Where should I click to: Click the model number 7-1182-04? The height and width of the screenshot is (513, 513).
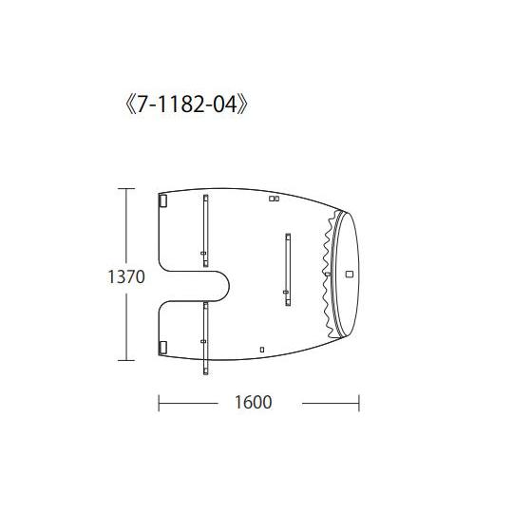click(186, 104)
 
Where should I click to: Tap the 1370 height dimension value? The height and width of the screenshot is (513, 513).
click(126, 276)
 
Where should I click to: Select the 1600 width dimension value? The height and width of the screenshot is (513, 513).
click(254, 403)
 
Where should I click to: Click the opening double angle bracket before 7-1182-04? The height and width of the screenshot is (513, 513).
click(129, 104)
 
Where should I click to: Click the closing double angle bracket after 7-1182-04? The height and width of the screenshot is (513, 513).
click(243, 104)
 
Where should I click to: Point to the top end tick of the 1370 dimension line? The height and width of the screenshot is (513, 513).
click(126, 189)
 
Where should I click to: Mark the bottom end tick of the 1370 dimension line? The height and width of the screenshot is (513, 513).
click(126, 360)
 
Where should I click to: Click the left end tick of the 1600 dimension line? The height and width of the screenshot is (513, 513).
click(159, 403)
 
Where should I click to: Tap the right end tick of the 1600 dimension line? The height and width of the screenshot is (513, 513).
click(359, 403)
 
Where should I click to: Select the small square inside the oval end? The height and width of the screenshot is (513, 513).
click(350, 274)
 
